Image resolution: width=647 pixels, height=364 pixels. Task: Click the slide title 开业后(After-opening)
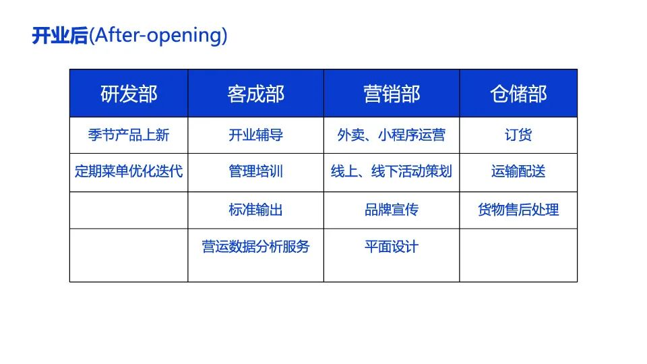(x=129, y=36)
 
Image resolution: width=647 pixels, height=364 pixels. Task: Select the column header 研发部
(x=129, y=94)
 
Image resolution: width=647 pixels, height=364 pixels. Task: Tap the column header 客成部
(x=256, y=94)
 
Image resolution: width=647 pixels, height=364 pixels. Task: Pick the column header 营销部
(x=392, y=94)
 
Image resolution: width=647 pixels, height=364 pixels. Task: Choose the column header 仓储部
(x=518, y=94)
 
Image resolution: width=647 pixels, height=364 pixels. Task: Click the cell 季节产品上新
(x=129, y=135)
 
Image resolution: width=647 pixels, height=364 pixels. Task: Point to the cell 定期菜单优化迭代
(x=129, y=171)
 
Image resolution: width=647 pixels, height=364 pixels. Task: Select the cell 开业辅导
(x=256, y=135)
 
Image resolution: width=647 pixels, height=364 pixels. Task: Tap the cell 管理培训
(x=256, y=171)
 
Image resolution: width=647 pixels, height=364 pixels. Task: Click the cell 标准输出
(x=256, y=210)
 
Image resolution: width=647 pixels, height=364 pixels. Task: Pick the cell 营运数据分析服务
(x=256, y=247)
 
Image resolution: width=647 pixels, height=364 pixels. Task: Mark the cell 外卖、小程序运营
(x=392, y=135)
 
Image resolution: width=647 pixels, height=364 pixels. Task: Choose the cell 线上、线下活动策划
(x=392, y=171)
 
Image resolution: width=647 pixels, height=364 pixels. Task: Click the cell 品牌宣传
(x=392, y=210)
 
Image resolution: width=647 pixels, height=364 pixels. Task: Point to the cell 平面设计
(x=392, y=247)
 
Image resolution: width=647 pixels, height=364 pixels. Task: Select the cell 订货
(x=518, y=135)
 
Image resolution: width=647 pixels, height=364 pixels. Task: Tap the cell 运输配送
(x=518, y=171)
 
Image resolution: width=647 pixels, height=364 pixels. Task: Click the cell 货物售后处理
(x=518, y=210)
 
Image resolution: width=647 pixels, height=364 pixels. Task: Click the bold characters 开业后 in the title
(x=60, y=36)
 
